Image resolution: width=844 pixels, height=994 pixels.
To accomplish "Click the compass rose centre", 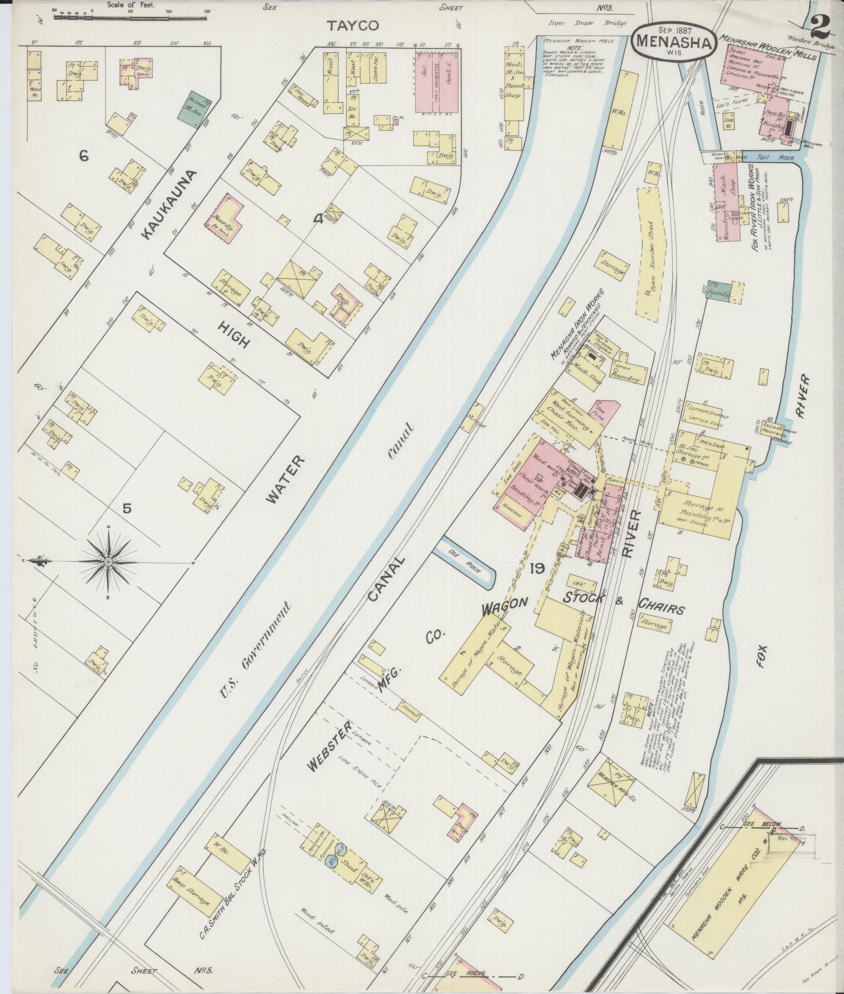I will point(109,562).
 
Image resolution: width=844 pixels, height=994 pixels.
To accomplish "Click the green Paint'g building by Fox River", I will point(719,291).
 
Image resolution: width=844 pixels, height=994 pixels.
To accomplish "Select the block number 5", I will point(126,508).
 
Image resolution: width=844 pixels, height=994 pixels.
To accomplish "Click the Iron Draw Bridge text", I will point(587,23).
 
